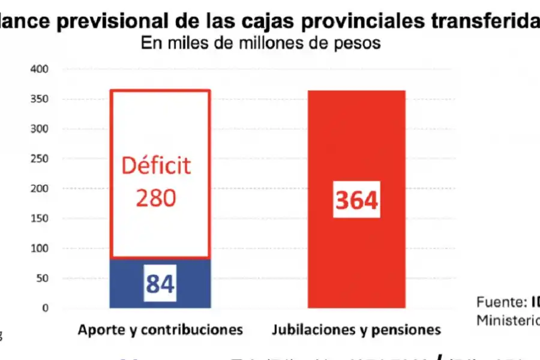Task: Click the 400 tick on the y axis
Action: [40, 70]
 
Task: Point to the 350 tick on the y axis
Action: [40, 99]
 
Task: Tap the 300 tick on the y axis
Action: [40, 129]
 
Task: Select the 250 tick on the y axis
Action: [40, 159]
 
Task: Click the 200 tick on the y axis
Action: [40, 188]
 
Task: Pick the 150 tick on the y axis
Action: [40, 218]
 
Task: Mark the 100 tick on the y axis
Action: [40, 248]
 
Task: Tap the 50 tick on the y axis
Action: [42, 278]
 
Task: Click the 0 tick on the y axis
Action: [44, 308]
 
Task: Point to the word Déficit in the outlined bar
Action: [156, 165]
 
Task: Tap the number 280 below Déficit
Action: [156, 197]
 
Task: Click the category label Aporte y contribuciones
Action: [160, 329]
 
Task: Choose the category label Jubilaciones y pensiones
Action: [356, 329]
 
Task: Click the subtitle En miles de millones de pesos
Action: [261, 44]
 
